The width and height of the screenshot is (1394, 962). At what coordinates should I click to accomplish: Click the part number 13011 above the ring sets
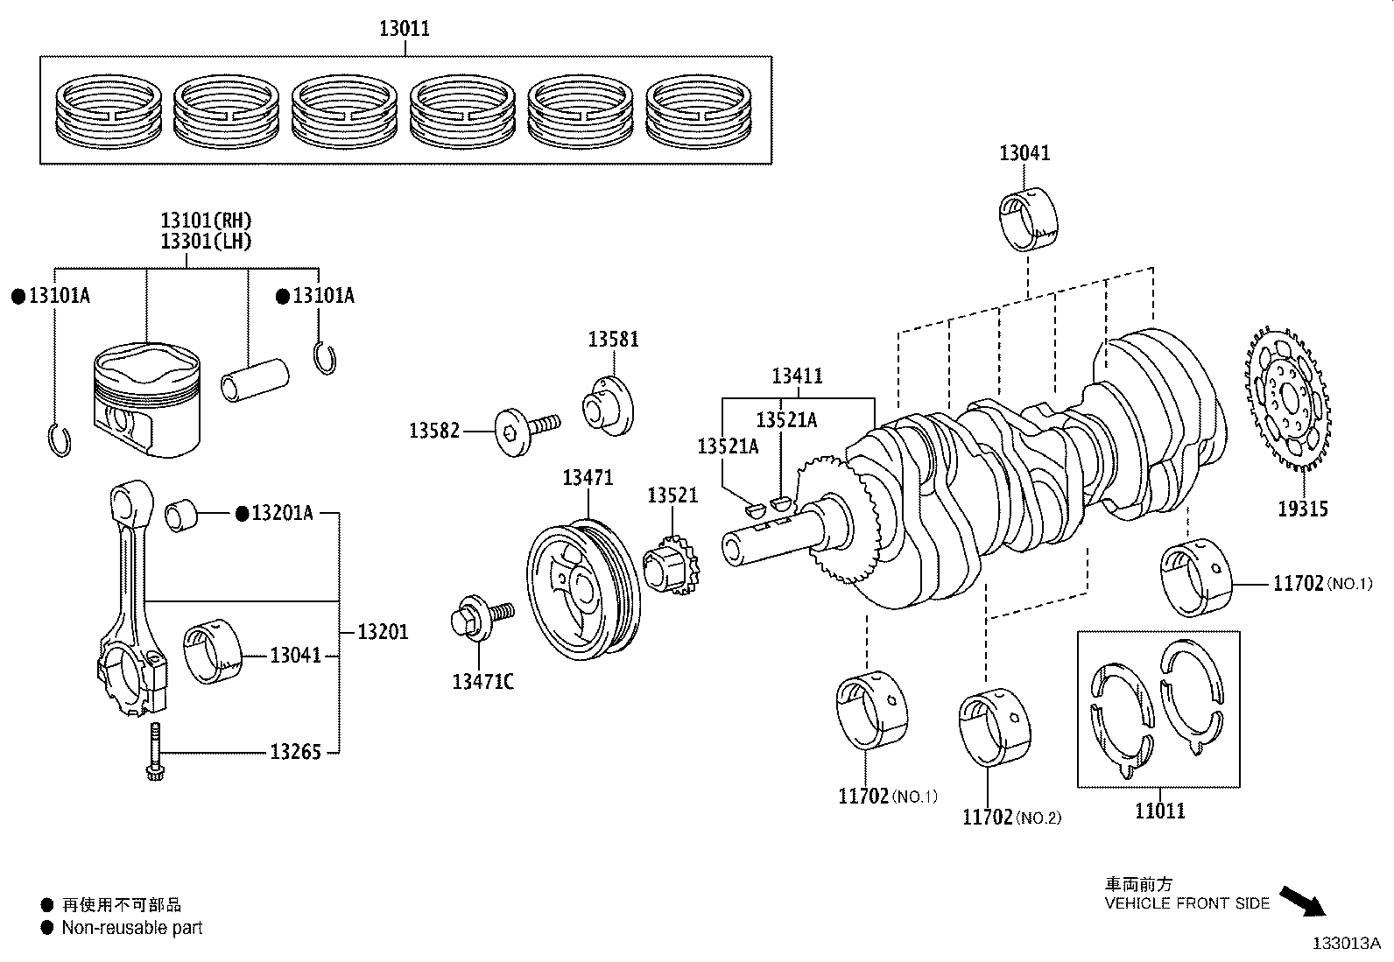tap(404, 29)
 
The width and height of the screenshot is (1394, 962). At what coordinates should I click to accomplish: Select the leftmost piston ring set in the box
tap(109, 110)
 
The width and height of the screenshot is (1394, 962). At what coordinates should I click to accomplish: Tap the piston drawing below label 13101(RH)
tap(147, 398)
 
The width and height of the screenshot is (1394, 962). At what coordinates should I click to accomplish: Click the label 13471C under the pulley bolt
tap(482, 681)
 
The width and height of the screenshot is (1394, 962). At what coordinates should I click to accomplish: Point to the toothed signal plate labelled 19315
tap(1286, 399)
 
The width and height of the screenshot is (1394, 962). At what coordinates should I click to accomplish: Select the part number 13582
tap(433, 431)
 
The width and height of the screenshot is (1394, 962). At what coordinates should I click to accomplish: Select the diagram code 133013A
tap(1345, 944)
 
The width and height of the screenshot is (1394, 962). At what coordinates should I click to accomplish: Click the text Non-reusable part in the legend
tap(131, 928)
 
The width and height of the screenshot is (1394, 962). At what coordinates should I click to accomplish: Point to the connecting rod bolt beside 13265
tap(156, 752)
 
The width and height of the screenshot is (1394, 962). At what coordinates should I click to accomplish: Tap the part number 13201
tap(383, 631)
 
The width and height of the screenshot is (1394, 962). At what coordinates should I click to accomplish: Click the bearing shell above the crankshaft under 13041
tap(1028, 218)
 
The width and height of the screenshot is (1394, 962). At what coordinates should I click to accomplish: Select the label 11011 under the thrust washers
tap(1159, 811)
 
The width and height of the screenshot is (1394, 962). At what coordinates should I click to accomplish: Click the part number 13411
tap(797, 376)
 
